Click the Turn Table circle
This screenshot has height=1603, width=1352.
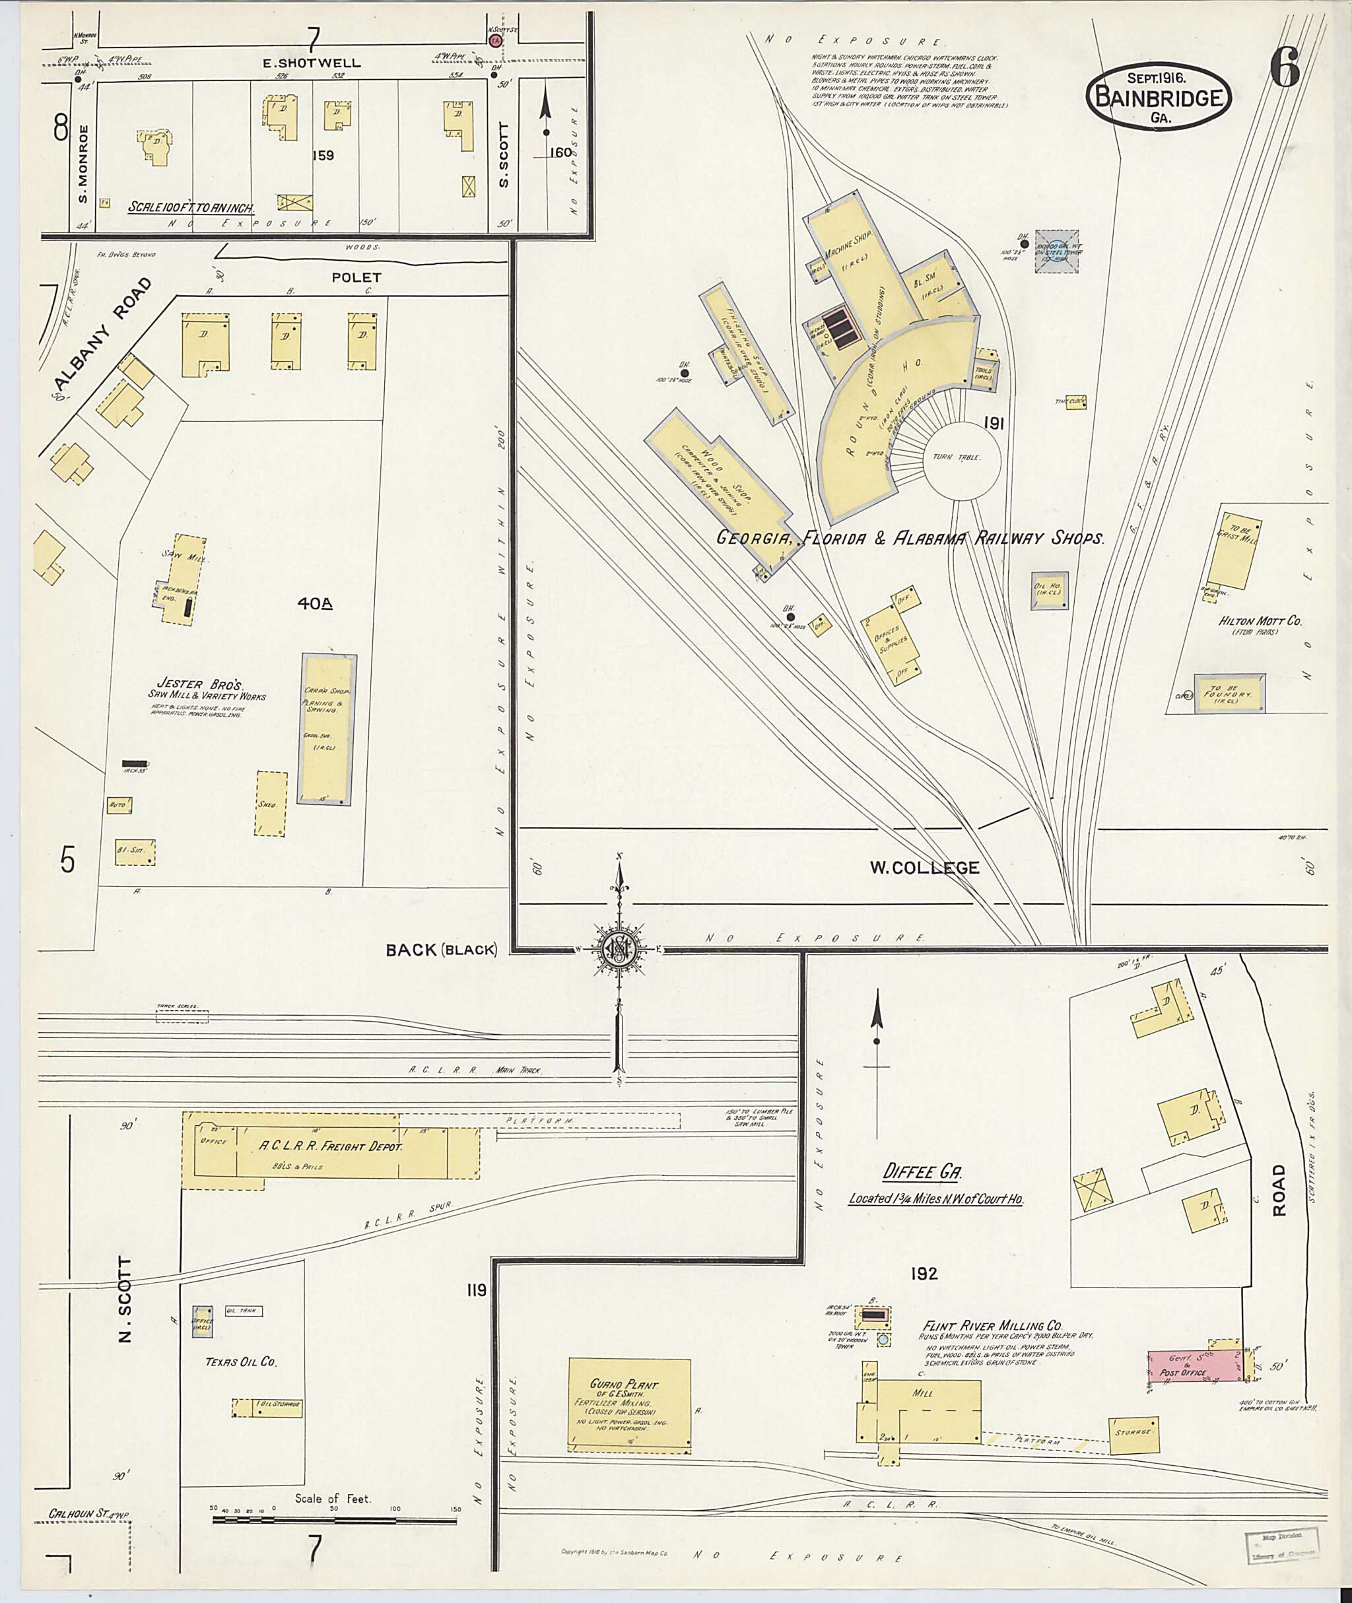962,457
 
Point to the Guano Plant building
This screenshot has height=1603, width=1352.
629,1404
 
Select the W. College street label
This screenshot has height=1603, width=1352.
924,867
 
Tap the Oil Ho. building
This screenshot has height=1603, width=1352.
1050,591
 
